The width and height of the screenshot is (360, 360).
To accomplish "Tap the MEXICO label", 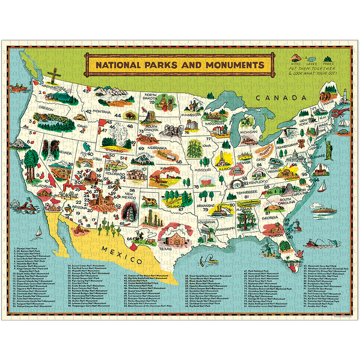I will (x=122, y=255).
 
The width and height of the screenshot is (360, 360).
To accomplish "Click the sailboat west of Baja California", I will (x=39, y=232).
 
